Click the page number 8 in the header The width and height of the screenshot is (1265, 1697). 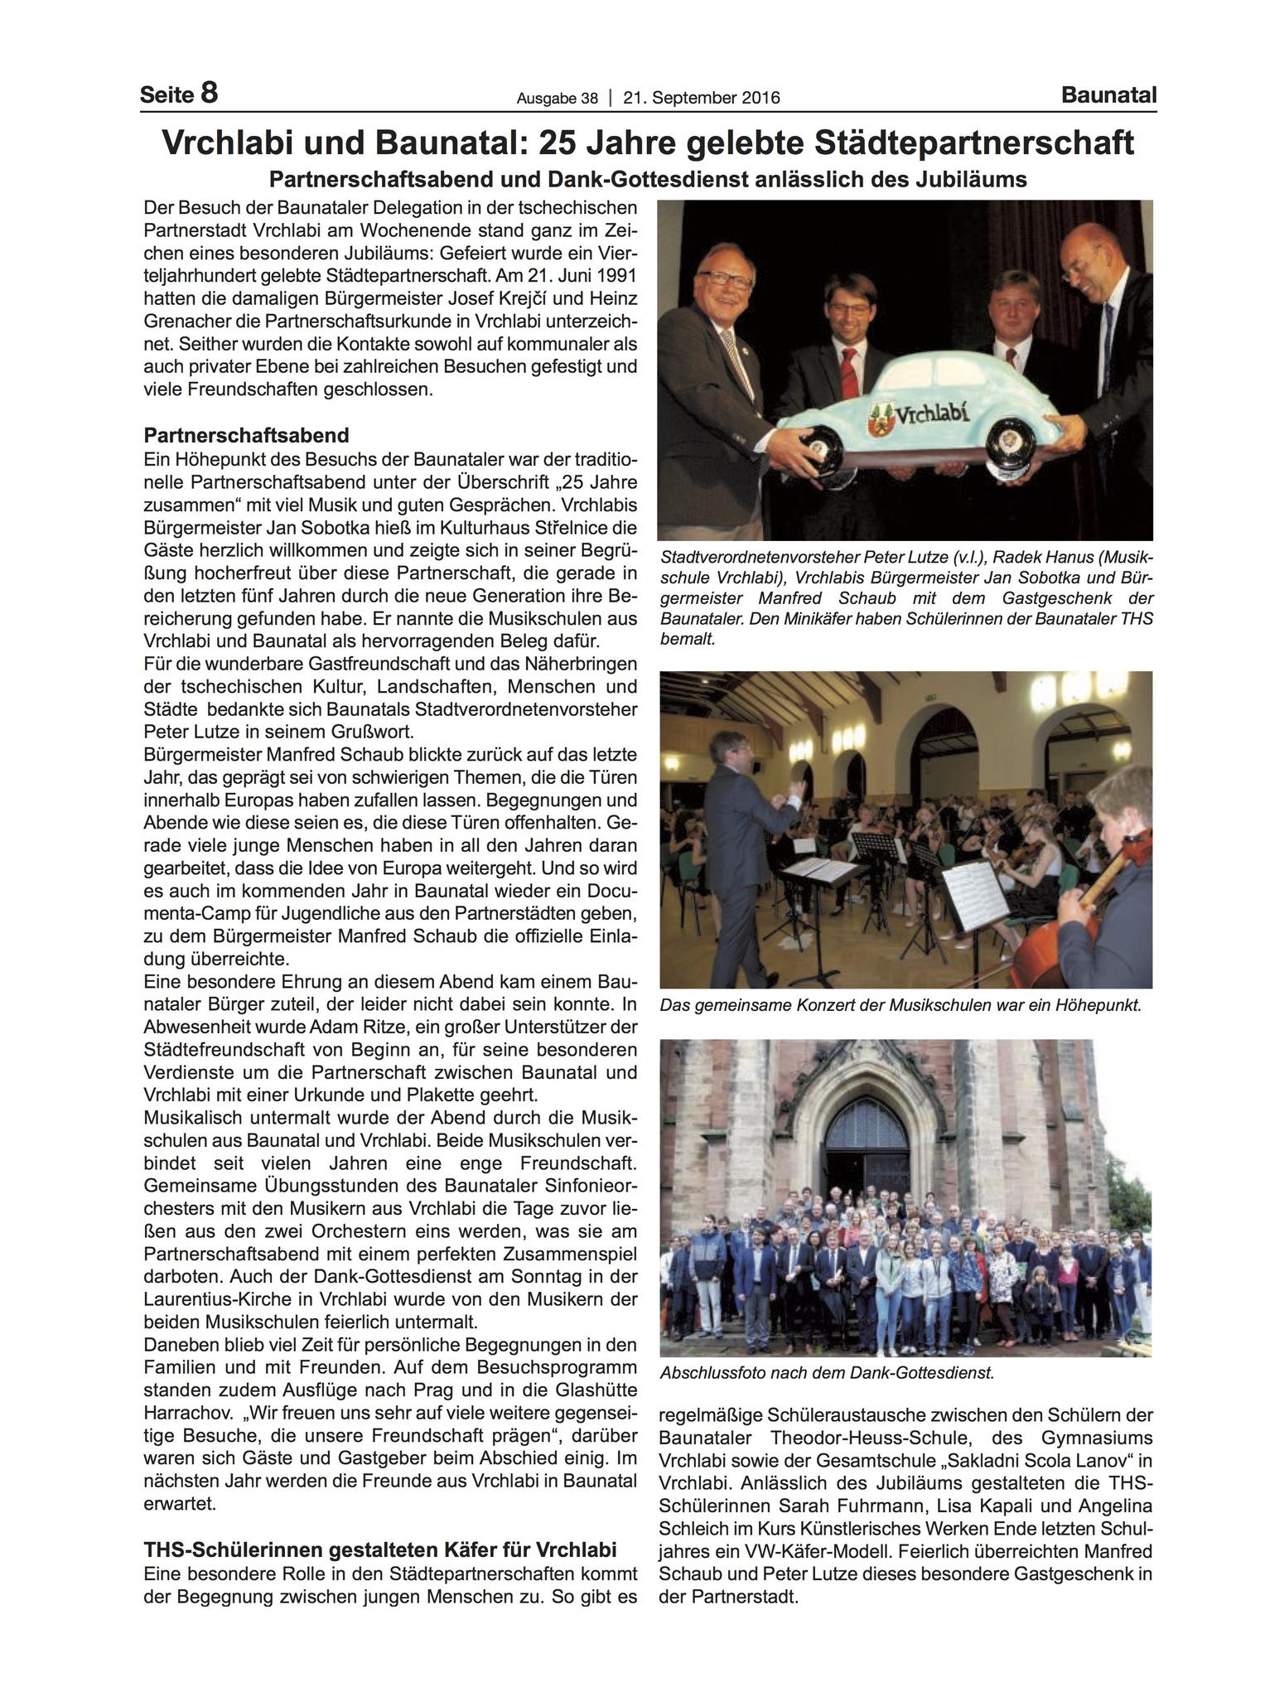click(208, 93)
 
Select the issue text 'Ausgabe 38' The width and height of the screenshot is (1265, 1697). click(557, 99)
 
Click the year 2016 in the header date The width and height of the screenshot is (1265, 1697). click(755, 98)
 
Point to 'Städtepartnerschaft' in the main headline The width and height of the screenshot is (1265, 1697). click(978, 143)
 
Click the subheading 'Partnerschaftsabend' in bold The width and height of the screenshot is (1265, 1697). click(246, 435)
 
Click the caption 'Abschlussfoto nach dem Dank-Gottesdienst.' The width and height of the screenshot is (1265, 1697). click(827, 1372)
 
